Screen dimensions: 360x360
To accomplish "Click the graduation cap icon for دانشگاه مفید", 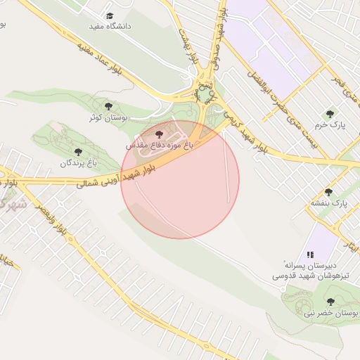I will pyautogui.click(x=109, y=15).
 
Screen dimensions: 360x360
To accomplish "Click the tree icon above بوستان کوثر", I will pyautogui.click(x=108, y=105).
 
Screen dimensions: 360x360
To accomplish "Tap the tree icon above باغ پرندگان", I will pyautogui.click(x=77, y=151).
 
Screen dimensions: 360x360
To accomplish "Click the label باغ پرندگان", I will pyautogui.click(x=77, y=162).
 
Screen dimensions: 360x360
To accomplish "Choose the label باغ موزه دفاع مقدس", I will pyautogui.click(x=158, y=144).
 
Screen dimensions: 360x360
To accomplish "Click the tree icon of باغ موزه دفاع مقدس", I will pyautogui.click(x=159, y=132).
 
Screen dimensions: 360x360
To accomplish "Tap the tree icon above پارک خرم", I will pyautogui.click(x=328, y=113).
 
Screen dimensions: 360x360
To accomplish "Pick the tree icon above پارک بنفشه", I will pyautogui.click(x=328, y=192).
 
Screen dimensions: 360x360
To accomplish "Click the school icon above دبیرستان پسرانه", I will pyautogui.click(x=309, y=255).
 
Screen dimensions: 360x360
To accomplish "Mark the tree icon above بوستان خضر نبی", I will pyautogui.click(x=330, y=302).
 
